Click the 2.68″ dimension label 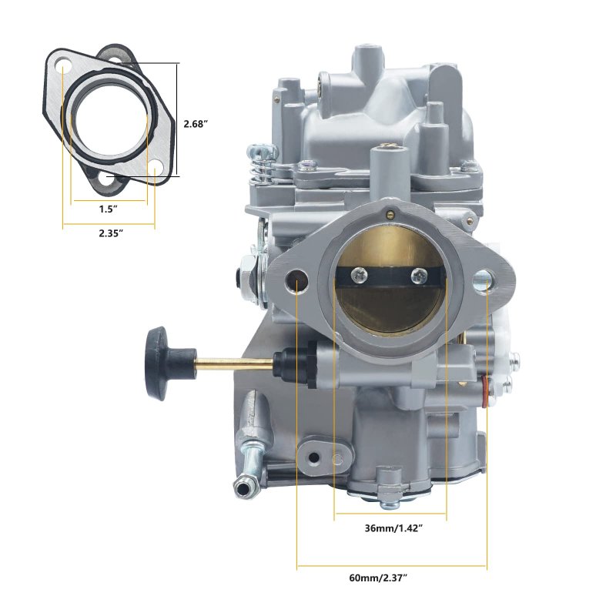pyautogui.click(x=196, y=124)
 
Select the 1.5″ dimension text pyautogui.click(x=109, y=209)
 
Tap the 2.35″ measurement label pyautogui.click(x=111, y=233)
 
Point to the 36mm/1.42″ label pyautogui.click(x=393, y=528)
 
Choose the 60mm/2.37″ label pyautogui.click(x=377, y=578)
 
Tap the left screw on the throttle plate pyautogui.click(x=359, y=275)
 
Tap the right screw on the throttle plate pyautogui.click(x=419, y=276)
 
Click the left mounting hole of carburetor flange pyautogui.click(x=296, y=280)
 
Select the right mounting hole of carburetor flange pyautogui.click(x=484, y=280)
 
